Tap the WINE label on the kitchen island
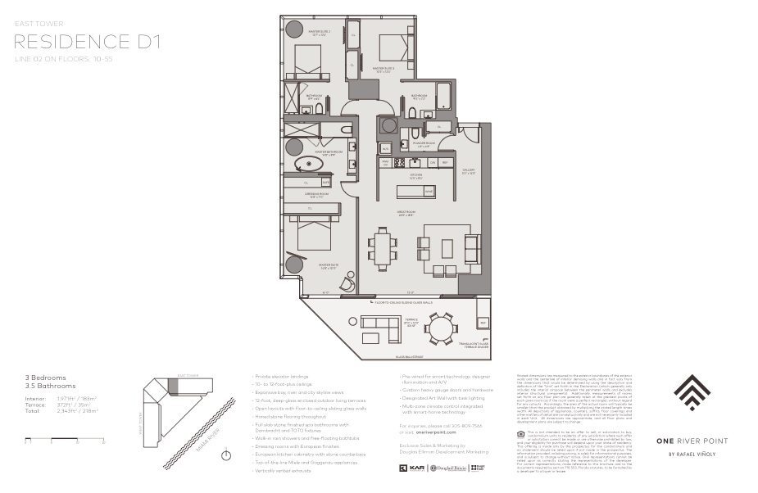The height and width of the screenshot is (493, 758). (x=429, y=192)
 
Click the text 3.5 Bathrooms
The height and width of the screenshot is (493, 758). (x=51, y=385)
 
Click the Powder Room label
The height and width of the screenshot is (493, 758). (x=424, y=147)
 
